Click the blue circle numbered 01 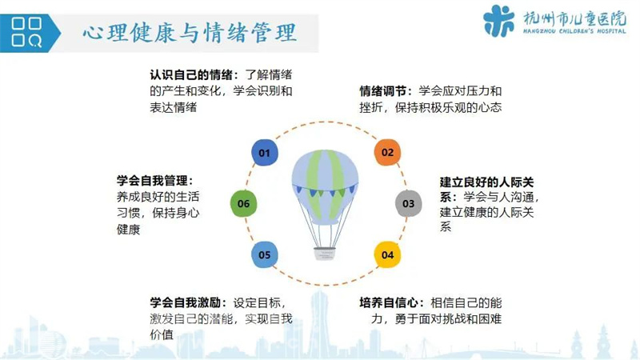265,153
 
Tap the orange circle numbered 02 387,152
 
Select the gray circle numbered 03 408,203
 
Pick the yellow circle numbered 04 387,254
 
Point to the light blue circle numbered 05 265,254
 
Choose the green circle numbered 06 244,203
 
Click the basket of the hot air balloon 325,254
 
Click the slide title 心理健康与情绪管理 190,33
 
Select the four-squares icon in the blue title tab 26,32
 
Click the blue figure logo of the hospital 498,21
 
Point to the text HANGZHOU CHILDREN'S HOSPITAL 574,31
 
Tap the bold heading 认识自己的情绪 191,74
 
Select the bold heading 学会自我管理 152,181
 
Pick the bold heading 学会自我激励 186,302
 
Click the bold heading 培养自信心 389,302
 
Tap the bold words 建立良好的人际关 487,182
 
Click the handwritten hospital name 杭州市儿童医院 574,18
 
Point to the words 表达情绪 173,107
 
